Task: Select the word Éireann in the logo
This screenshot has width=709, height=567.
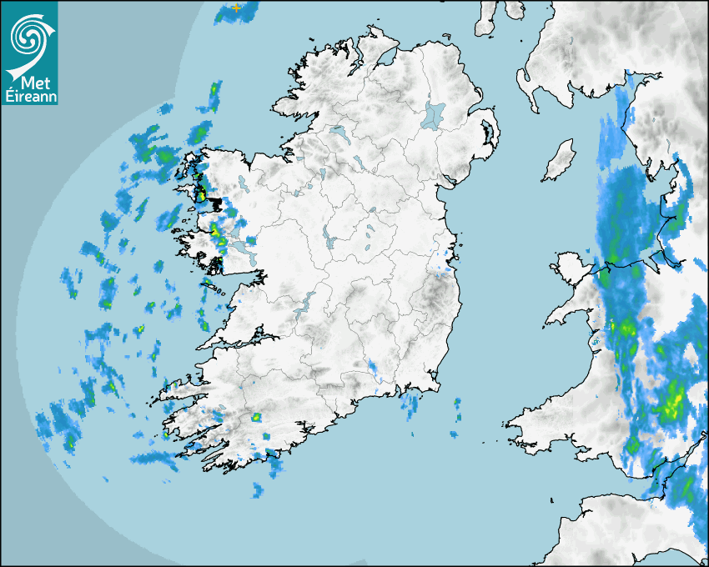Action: point(33,98)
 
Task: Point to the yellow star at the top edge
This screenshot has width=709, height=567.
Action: point(237,8)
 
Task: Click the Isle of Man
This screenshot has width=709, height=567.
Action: point(560,161)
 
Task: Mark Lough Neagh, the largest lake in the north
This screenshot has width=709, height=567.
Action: point(434,115)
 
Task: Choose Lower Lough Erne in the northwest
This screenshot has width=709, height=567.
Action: point(339,133)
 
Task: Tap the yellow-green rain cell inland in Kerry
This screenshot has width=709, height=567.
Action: point(256,417)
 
